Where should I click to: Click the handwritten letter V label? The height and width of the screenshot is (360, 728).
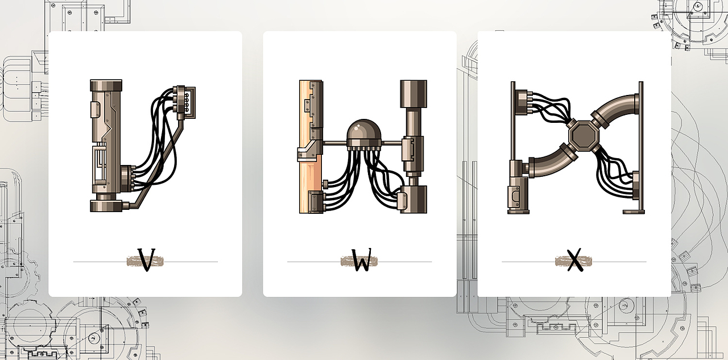(x=146, y=259)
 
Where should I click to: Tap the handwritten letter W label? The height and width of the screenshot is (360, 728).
(x=361, y=259)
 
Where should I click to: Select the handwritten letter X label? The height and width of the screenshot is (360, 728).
(x=575, y=259)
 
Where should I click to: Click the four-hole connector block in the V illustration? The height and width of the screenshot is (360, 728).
(x=185, y=103)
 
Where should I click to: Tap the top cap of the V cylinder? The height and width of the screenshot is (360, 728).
(x=106, y=85)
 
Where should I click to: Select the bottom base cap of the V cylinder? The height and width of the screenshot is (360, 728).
(x=106, y=206)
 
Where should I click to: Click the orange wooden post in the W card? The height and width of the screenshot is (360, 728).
(x=307, y=147)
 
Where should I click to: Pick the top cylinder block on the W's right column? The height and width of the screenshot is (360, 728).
(x=413, y=94)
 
